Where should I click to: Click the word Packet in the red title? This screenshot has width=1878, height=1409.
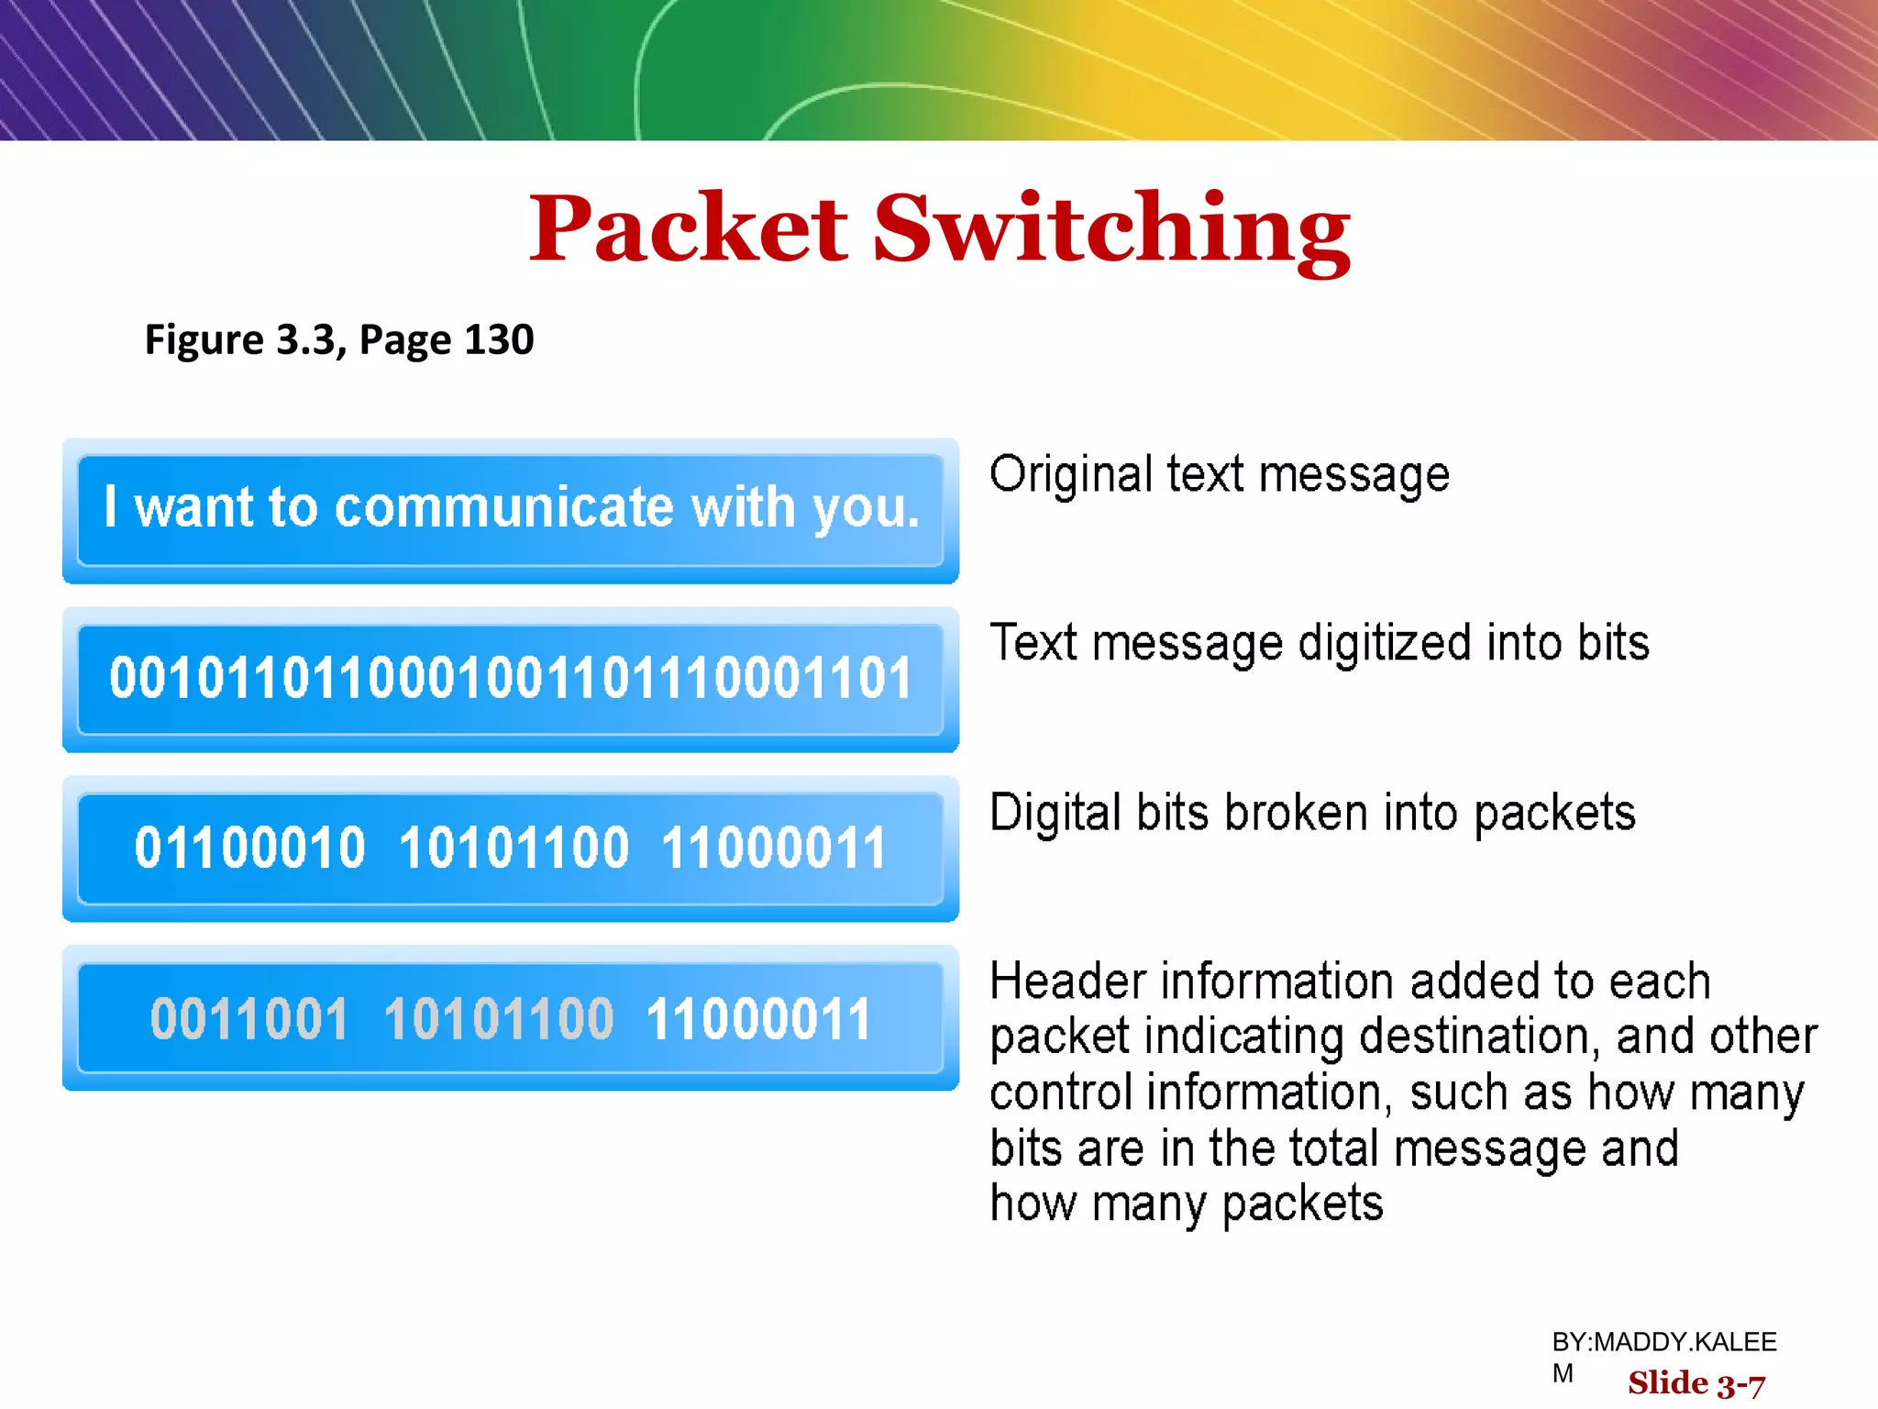[689, 229]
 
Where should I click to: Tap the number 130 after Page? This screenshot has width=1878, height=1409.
[499, 340]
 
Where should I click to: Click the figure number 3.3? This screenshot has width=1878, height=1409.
[305, 340]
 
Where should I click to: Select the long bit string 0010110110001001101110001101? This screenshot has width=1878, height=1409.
[510, 679]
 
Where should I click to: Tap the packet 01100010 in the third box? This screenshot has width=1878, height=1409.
[249, 848]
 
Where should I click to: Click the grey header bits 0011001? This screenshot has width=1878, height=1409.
[249, 1019]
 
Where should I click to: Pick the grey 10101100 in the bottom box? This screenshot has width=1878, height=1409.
[498, 1019]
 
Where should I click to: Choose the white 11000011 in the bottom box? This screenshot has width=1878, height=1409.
[758, 1019]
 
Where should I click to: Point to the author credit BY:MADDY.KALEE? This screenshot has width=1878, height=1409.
[1663, 1343]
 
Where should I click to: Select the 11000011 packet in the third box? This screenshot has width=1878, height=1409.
[773, 848]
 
